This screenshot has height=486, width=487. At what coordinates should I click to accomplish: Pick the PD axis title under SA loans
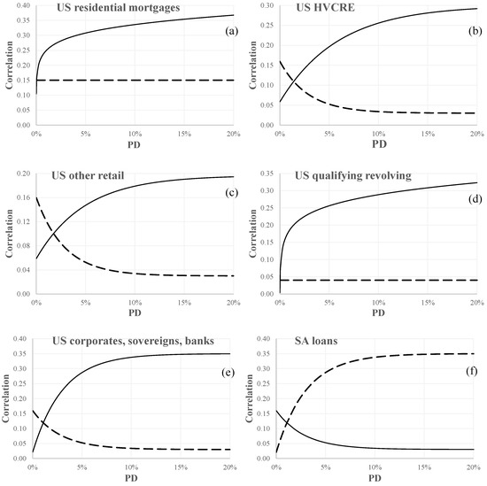point(377,479)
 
